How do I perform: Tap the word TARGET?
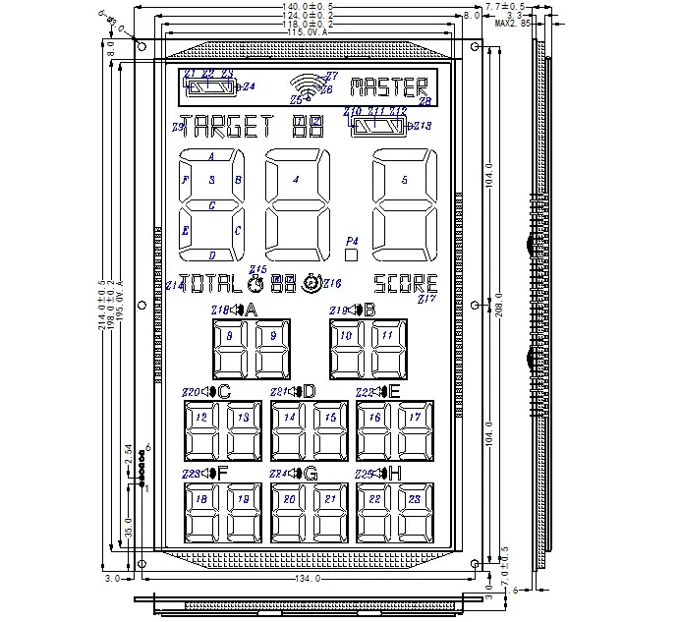click(227, 126)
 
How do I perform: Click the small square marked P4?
click(351, 253)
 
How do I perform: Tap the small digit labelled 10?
click(345, 349)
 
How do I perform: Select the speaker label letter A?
click(252, 311)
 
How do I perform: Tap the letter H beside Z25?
click(395, 474)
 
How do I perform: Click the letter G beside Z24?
click(311, 474)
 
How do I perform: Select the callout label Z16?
click(332, 284)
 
